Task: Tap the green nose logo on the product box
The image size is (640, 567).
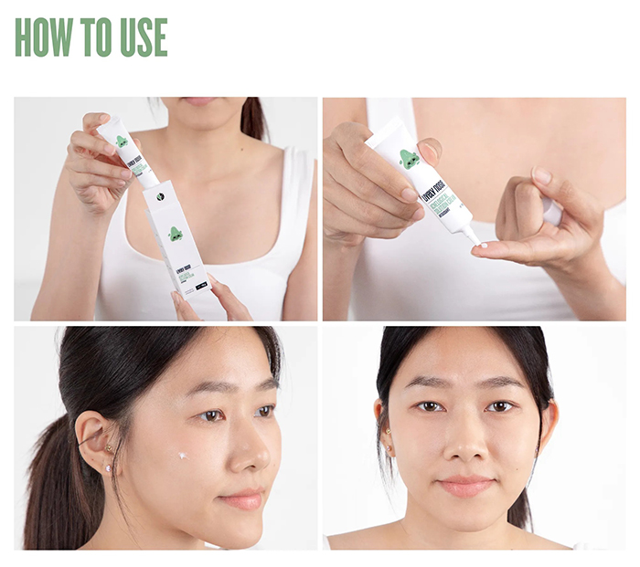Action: click(x=175, y=234)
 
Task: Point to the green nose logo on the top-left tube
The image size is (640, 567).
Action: click(x=121, y=142)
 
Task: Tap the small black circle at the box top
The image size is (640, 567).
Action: click(x=157, y=194)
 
